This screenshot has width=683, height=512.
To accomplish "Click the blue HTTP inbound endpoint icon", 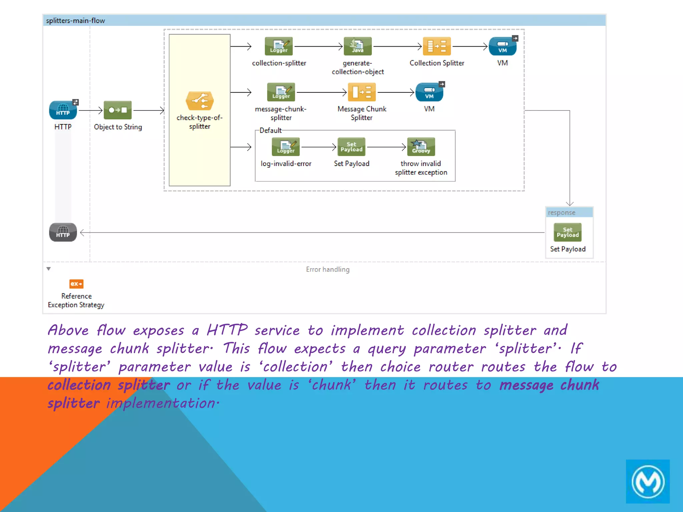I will (x=63, y=110).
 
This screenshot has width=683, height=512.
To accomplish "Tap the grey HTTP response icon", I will (x=63, y=232).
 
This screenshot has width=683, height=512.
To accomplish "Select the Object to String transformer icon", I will (x=117, y=110).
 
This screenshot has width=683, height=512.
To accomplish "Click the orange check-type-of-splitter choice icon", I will (x=199, y=101).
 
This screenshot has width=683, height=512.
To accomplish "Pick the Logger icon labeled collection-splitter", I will (x=278, y=46).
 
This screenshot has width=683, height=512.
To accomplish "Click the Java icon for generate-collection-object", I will (x=358, y=46).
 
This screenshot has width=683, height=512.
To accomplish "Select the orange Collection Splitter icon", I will (x=437, y=46).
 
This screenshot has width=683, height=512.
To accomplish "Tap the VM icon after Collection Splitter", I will (x=502, y=46).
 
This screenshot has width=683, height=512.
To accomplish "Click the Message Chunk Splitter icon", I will (x=362, y=92).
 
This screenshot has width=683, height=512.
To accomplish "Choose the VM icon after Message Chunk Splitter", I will (x=429, y=92).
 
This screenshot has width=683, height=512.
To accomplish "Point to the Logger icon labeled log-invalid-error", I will (x=285, y=147).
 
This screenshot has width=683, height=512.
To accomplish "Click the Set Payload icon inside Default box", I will (x=351, y=147).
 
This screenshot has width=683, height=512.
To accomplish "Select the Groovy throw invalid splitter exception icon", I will (x=421, y=147).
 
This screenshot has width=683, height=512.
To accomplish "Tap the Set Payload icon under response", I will (x=567, y=232).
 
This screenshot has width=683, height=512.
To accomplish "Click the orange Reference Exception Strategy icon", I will (x=76, y=284).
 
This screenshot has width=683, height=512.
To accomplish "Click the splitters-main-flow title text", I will (x=75, y=21).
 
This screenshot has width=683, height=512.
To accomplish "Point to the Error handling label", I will (x=327, y=269).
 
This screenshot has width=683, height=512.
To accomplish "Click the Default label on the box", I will (x=270, y=130).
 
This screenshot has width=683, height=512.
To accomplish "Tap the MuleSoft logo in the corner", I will (x=647, y=481).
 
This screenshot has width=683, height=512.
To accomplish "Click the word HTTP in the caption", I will (x=227, y=330).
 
